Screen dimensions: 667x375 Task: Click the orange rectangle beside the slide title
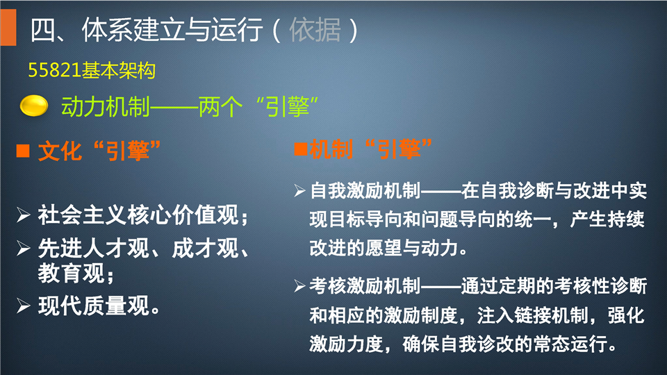coord(8,27)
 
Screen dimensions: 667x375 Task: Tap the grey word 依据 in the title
coord(315,30)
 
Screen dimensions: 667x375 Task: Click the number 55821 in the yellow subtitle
coord(54,70)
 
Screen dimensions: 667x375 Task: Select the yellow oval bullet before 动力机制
coord(33,106)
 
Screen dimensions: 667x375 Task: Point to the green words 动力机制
coord(106,106)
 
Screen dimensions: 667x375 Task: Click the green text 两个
coord(220,106)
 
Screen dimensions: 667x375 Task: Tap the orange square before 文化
coord(23,151)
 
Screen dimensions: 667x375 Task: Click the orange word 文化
coord(60,151)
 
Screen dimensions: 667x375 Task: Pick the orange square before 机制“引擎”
coord(301,149)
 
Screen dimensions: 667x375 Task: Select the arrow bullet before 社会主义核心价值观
coord(24,215)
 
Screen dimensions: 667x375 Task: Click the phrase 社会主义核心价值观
coord(138,215)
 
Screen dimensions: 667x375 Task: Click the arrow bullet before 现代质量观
coord(24,306)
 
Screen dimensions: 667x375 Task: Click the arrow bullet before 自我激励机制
coord(300,191)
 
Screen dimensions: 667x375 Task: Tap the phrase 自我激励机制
coord(365,190)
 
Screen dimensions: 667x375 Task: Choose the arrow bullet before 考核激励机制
coord(300,287)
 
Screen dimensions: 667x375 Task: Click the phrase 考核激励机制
coord(365,286)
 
